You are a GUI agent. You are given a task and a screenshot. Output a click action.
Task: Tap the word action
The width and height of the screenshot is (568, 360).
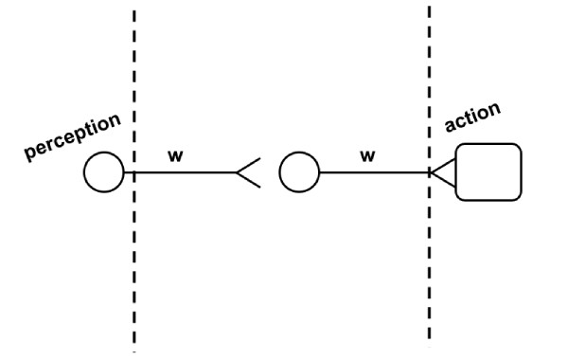[472, 117]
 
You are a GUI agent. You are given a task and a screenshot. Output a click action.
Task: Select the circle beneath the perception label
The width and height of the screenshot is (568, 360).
[103, 172]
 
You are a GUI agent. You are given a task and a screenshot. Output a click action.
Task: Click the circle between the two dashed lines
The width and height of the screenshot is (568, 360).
[299, 172]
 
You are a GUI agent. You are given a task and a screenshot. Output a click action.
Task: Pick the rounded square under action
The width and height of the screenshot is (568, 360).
[488, 171]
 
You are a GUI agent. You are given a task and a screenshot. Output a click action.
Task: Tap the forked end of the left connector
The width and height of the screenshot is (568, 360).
[243, 172]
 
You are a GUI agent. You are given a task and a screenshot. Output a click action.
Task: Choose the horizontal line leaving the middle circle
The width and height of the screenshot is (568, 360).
[374, 172]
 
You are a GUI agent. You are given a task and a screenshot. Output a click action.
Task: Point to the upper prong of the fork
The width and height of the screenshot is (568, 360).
[249, 165]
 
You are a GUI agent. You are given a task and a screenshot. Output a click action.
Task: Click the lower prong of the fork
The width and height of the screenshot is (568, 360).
[249, 180]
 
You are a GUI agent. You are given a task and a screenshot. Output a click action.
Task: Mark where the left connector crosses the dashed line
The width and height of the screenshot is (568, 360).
[133, 172]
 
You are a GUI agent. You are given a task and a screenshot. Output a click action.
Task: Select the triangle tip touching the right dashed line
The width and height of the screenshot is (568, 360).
[431, 172]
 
